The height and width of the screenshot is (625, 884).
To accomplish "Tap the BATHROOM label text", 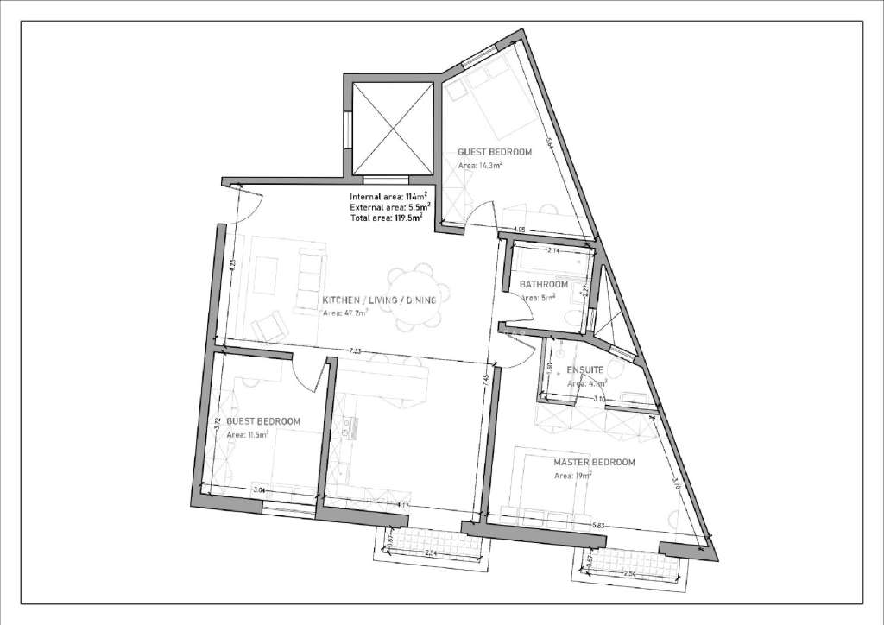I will point(543,285).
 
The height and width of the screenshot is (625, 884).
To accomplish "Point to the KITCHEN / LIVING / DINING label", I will point(380,300).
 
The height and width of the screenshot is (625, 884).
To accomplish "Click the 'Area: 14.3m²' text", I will point(481,164).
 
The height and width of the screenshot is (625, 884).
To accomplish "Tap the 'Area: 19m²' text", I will point(571,476).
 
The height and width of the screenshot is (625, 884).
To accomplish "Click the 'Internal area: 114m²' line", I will point(386,198).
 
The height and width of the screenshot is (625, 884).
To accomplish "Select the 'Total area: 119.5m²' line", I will point(386,218).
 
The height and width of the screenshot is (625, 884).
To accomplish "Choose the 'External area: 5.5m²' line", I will point(386,208).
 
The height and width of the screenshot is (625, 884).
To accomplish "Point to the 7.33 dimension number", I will point(357,350).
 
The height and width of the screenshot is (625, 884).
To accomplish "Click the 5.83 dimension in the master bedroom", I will point(597,523).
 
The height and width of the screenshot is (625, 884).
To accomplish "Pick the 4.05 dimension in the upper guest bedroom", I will point(519,230).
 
